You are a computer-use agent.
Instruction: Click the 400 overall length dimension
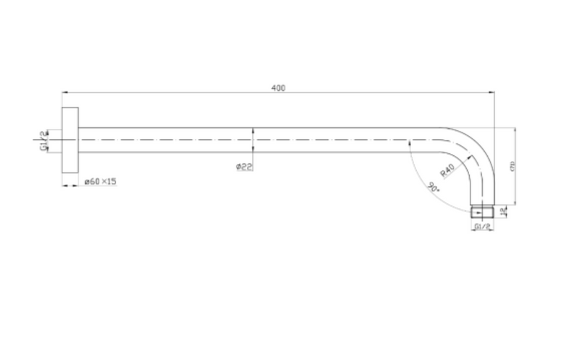tap(279, 87)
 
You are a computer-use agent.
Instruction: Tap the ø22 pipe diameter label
tap(244, 167)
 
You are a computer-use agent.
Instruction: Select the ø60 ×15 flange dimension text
tap(100, 182)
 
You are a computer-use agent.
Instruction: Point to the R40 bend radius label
tap(448, 172)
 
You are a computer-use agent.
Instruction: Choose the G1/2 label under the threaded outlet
tap(482, 227)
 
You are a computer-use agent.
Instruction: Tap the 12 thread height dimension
tap(505, 212)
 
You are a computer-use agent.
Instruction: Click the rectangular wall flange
tap(69, 140)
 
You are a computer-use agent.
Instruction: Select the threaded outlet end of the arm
tap(483, 212)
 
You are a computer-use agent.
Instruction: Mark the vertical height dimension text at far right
tap(512, 167)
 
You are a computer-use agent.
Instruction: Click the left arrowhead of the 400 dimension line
tap(65, 92)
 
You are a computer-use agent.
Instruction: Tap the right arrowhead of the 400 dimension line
tap(492, 92)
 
